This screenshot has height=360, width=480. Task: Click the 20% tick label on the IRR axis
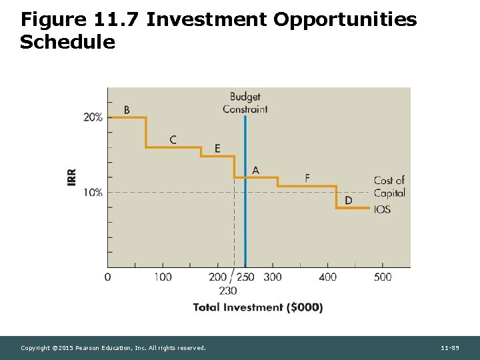(93, 117)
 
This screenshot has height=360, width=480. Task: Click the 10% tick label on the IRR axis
(93, 193)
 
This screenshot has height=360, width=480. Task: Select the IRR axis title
(71, 177)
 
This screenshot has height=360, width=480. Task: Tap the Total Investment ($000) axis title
(258, 307)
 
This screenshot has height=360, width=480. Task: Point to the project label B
(127, 110)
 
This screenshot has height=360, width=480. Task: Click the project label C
(173, 140)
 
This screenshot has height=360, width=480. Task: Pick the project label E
(217, 148)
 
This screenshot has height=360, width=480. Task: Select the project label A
(255, 171)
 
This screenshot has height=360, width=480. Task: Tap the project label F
(307, 177)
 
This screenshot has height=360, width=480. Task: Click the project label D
(349, 201)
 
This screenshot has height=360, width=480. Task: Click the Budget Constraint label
(245, 103)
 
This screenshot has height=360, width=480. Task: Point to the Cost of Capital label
(389, 187)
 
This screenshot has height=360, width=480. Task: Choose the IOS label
(383, 209)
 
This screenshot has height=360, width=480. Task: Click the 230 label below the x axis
(227, 290)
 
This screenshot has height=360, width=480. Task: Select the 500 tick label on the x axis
(383, 277)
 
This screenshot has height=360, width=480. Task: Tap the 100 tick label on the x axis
(163, 277)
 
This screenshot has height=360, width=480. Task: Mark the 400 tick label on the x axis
(327, 277)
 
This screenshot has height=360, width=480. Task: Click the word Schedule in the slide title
(67, 43)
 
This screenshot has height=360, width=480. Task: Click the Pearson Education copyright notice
(113, 348)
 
